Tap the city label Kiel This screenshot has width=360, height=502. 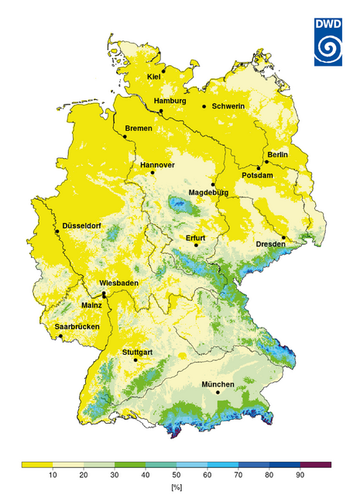pos(153,77)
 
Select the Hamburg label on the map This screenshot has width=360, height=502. pos(170,101)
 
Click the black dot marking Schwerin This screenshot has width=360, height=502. pos(204,106)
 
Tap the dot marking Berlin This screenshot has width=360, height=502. pos(266,162)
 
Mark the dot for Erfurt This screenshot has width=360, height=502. pos(196,246)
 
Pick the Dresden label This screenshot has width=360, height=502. pos(271,245)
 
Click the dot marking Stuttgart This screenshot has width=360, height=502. pos(136,359)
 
